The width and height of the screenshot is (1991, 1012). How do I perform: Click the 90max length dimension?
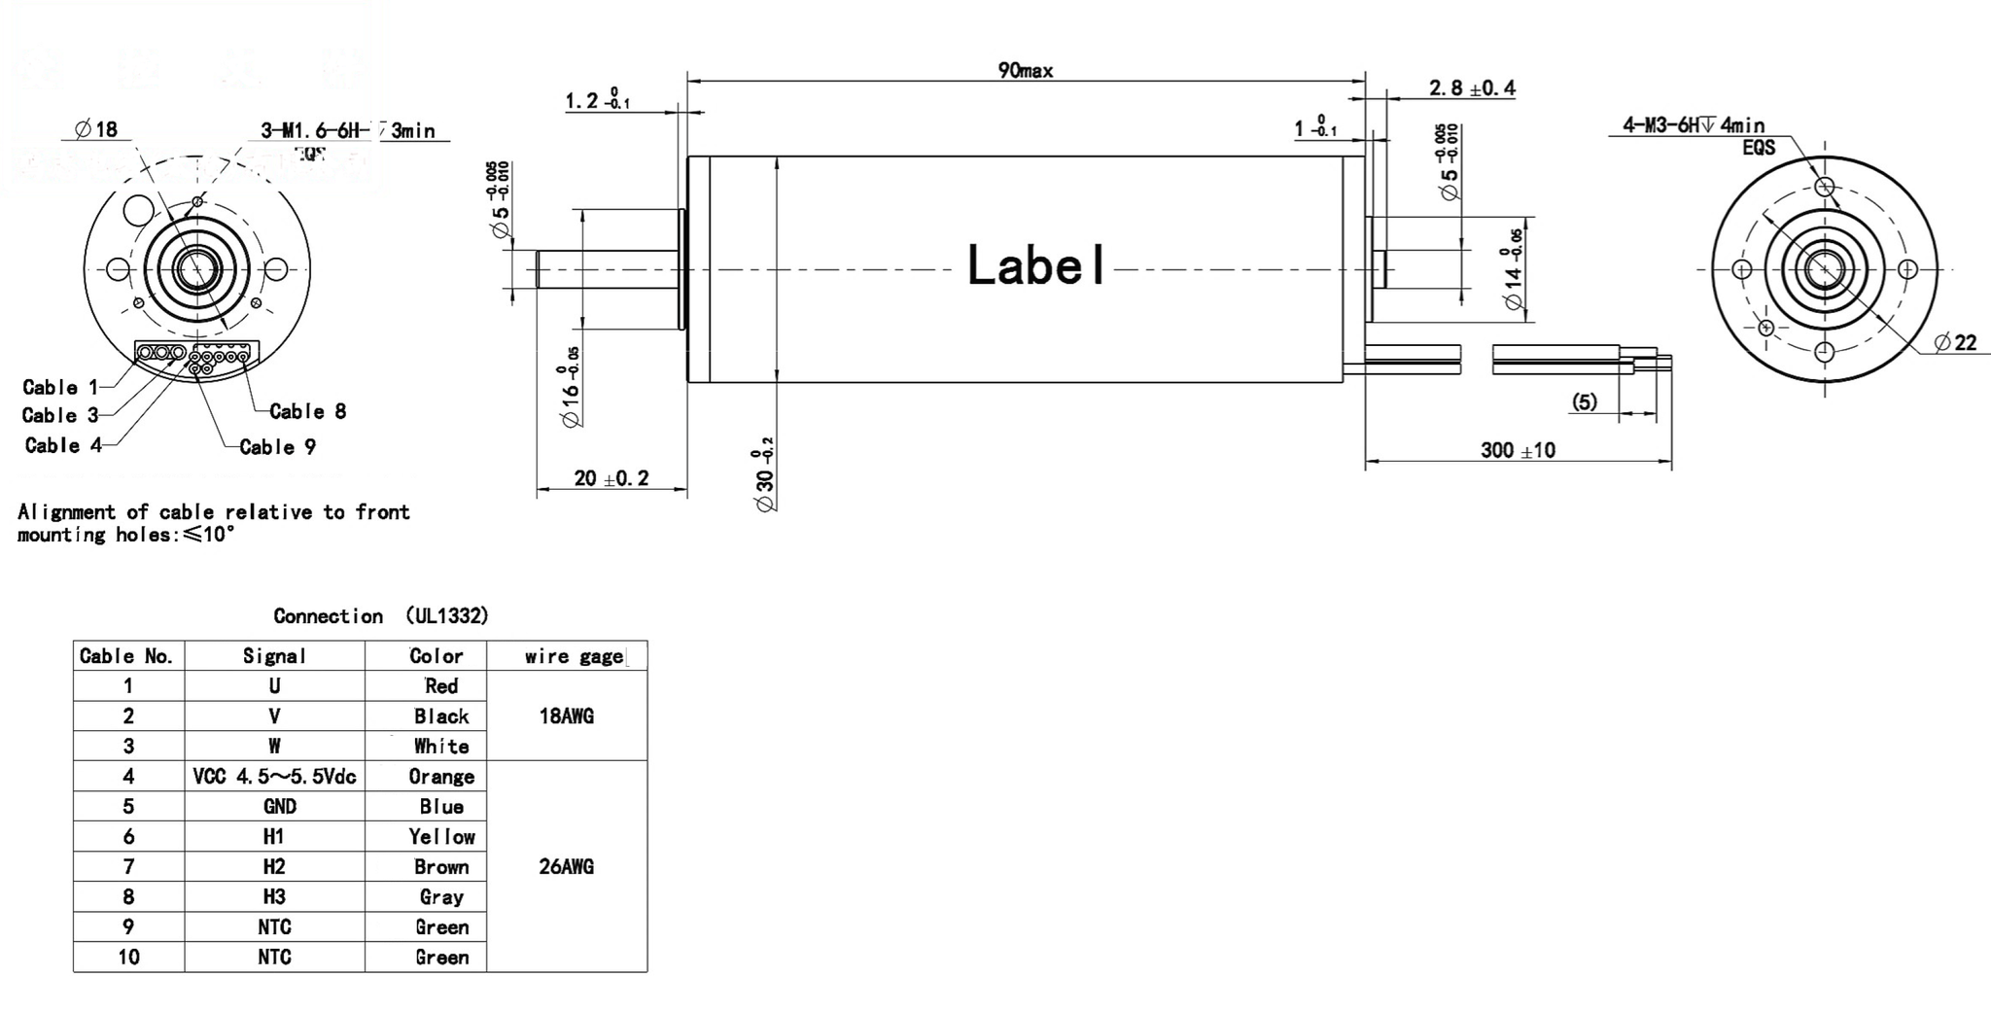pos(1025,70)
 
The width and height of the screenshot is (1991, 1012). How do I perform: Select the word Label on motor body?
pos(1036,265)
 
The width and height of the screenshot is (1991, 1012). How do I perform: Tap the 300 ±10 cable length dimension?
pos(1518,450)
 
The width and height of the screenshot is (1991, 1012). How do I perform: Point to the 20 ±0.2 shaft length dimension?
pos(611,478)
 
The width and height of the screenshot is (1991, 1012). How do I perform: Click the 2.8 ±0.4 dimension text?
pos(1471,88)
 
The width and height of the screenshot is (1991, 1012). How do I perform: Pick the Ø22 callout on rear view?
pos(1955,342)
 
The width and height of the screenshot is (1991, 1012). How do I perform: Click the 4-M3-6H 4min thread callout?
pos(1693,125)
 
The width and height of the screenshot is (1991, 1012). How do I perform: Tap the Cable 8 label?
pos(307,411)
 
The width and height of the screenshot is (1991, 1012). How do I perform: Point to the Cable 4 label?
pos(63,445)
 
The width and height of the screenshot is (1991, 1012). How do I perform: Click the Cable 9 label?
pos(277,447)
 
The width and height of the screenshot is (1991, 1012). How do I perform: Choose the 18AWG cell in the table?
pos(566,716)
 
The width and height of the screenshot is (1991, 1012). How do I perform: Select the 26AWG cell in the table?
pos(566,867)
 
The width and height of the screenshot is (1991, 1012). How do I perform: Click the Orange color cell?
pos(441,777)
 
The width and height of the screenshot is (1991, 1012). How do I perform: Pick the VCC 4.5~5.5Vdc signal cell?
pos(274,777)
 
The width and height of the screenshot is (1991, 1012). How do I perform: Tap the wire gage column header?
pos(574,656)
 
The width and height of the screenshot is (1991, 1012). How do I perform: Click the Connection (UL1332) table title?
pos(380,616)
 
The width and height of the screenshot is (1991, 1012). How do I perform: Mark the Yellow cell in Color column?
pos(441,837)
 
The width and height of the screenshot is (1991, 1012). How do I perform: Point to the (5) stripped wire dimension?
pos(1584,402)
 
